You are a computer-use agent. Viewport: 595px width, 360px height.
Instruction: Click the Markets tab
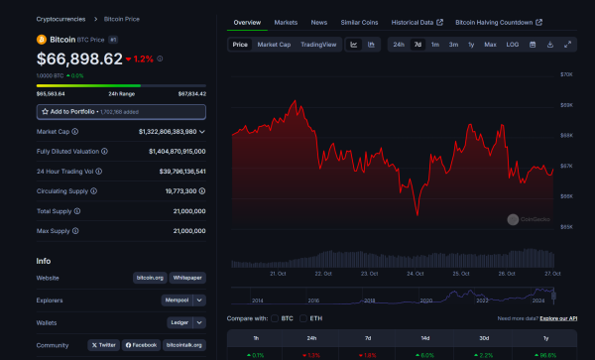[286, 21]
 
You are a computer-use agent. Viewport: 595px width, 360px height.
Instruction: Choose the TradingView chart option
[318, 45]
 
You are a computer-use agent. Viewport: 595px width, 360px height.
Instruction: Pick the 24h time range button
[398, 45]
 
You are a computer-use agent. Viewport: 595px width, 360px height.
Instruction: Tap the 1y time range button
[470, 45]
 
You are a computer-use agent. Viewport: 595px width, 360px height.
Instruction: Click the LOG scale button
[512, 45]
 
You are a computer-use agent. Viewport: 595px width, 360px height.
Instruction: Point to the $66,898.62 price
[79, 60]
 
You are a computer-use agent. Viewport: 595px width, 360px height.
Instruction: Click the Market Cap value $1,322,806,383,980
[160, 131]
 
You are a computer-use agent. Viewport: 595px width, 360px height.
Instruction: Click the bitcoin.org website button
[149, 278]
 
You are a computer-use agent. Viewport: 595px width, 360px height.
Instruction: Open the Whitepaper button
[187, 278]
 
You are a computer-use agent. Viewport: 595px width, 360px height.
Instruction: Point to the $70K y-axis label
[567, 74]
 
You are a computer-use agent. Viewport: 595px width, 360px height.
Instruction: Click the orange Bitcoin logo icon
[42, 40]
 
